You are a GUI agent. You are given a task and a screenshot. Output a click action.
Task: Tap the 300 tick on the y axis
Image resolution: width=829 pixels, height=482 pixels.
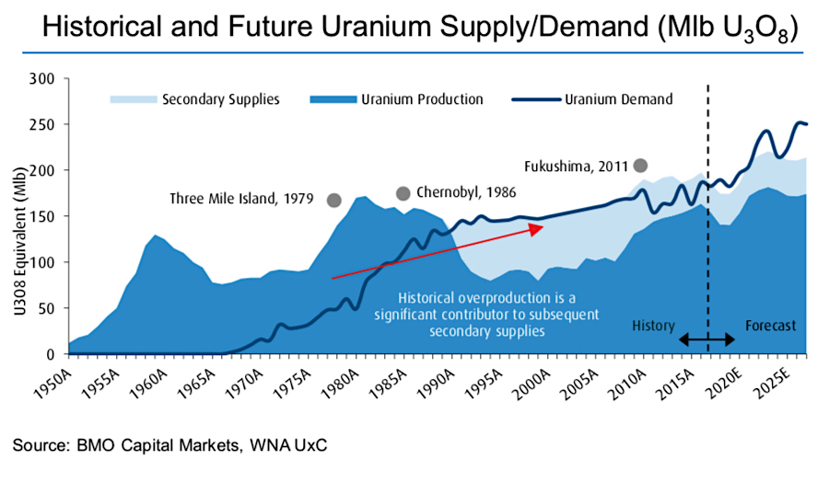pyautogui.click(x=47, y=78)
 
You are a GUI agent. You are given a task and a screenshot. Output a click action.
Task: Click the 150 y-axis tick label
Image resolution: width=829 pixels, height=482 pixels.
pyautogui.click(x=47, y=216)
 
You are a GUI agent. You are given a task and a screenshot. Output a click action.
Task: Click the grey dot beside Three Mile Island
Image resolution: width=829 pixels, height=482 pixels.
pyautogui.click(x=334, y=200)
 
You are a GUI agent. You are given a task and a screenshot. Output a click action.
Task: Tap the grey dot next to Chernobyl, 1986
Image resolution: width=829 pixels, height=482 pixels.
pyautogui.click(x=403, y=193)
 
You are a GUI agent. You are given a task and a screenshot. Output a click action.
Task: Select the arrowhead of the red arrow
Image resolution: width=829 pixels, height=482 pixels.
pyautogui.click(x=538, y=229)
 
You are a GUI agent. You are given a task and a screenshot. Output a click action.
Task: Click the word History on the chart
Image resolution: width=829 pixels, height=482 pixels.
pyautogui.click(x=654, y=326)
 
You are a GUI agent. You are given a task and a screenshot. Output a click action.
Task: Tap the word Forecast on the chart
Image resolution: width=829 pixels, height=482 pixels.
pyautogui.click(x=770, y=326)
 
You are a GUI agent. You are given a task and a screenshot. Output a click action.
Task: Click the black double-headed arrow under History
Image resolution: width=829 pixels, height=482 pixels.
pyautogui.click(x=706, y=340)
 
